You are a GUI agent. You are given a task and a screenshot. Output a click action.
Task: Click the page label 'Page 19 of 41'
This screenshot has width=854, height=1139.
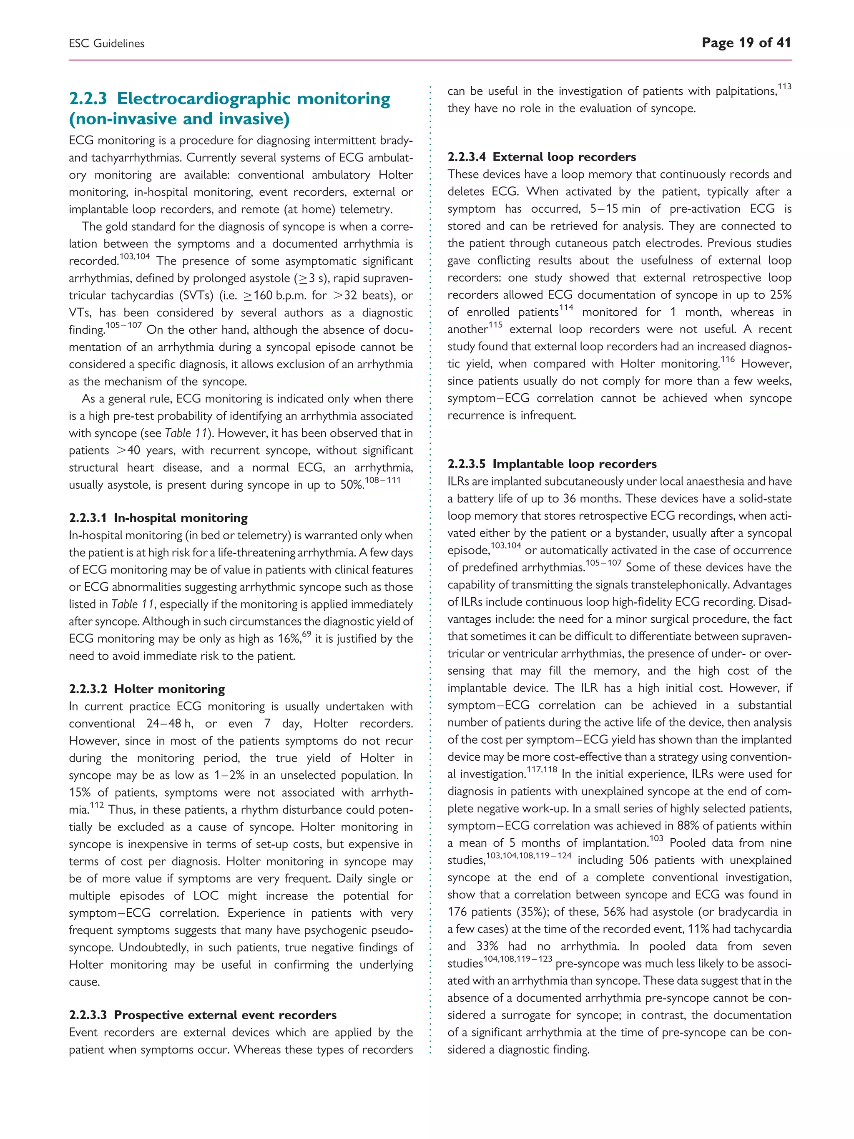pyautogui.click(x=746, y=43)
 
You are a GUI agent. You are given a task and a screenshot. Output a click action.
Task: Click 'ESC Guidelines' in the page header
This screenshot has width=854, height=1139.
pyautogui.click(x=107, y=44)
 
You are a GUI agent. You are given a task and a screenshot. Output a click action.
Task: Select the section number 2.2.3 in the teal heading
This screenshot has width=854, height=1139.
pyautogui.click(x=88, y=98)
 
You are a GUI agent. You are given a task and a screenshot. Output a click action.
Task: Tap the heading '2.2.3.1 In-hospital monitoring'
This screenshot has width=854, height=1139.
pyautogui.click(x=158, y=518)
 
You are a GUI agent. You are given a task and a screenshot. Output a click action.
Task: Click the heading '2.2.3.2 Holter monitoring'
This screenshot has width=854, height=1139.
pyautogui.click(x=147, y=689)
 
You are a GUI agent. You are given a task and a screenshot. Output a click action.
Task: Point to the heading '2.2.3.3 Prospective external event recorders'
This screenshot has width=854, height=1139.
pyautogui.click(x=202, y=1015)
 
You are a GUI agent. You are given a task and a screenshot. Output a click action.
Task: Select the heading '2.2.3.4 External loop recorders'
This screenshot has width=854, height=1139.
pyautogui.click(x=542, y=157)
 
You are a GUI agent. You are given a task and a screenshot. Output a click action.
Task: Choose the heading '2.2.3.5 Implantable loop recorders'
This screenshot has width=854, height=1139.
pyautogui.click(x=552, y=464)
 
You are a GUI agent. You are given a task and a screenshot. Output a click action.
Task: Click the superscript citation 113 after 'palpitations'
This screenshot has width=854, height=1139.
pyautogui.click(x=784, y=86)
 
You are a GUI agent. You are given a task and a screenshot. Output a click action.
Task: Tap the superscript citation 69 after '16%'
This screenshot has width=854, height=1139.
pyautogui.click(x=307, y=634)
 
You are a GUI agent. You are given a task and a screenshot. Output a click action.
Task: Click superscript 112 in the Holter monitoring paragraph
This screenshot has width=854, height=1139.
pyautogui.click(x=97, y=805)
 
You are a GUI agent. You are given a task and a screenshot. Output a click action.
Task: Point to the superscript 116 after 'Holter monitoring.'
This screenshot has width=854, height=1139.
pyautogui.click(x=727, y=360)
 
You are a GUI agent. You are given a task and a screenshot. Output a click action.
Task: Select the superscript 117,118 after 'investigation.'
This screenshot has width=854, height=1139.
pyautogui.click(x=542, y=770)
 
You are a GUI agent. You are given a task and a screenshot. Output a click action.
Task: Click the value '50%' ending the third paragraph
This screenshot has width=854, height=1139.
pyautogui.click(x=352, y=485)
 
